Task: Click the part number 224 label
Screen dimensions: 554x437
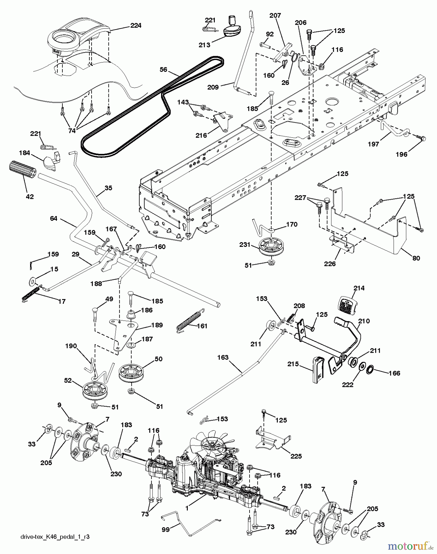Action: (x=135, y=26)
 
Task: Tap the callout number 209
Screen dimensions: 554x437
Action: (x=213, y=87)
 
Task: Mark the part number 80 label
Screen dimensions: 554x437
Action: (x=416, y=258)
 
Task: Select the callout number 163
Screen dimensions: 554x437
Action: (x=223, y=357)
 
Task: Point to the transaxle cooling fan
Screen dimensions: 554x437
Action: (x=212, y=444)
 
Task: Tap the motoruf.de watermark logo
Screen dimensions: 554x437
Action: (x=408, y=546)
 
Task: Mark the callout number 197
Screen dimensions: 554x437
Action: (x=373, y=144)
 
